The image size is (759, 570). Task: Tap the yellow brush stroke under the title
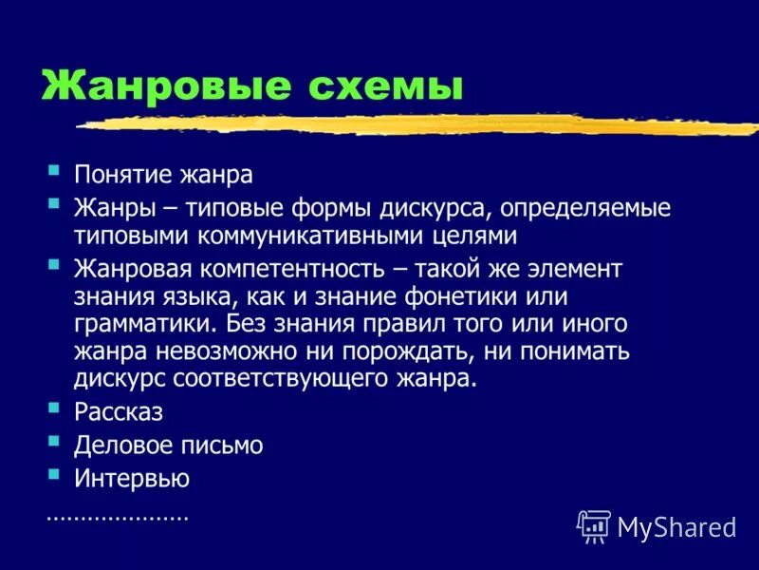(417, 124)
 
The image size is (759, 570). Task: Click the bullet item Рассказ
(118, 413)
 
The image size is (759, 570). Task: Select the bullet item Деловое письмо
(168, 445)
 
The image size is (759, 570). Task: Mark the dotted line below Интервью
(117, 519)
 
